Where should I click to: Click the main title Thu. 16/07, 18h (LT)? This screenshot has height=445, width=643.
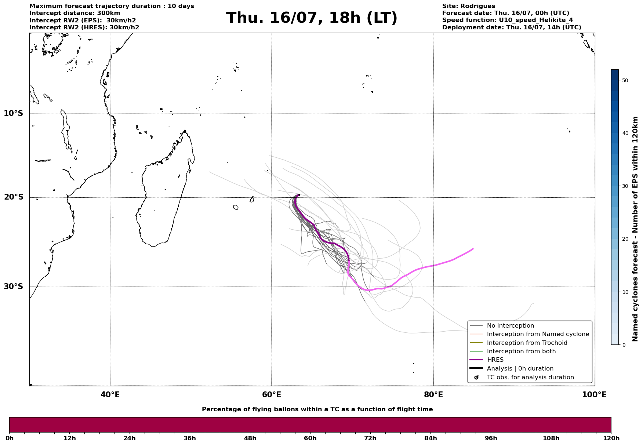pos(312,18)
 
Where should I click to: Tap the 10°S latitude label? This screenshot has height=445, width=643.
pos(14,113)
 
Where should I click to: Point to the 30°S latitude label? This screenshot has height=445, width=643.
pos(14,287)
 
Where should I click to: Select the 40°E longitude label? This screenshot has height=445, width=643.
pos(110,395)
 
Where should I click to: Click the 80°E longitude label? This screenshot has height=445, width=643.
pos(433,395)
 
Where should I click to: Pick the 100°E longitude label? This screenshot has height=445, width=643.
pos(594,395)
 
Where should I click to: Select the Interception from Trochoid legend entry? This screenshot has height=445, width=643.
pos(519,343)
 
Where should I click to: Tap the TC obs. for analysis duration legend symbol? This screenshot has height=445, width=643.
pos(476,377)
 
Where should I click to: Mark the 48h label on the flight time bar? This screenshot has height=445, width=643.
pos(250,438)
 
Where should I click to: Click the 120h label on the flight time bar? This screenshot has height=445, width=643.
pos(611,438)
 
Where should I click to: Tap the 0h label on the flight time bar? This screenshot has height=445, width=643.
pos(9,438)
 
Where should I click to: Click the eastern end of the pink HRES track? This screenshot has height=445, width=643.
pos(473,249)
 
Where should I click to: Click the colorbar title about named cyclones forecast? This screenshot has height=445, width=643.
pos(636,229)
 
